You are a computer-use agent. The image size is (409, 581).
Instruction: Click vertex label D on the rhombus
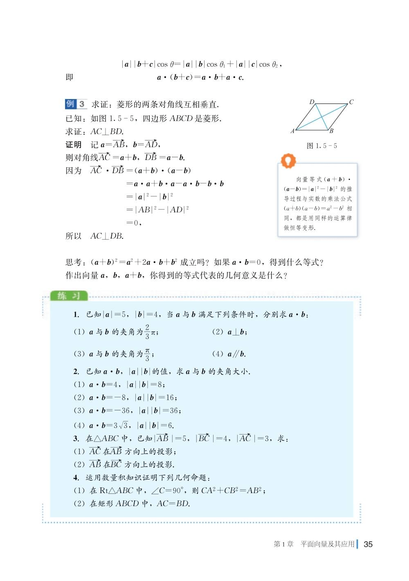click(312, 101)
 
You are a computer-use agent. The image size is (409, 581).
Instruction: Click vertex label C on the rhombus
click(351, 102)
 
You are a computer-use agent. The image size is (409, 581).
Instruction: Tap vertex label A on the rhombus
click(292, 131)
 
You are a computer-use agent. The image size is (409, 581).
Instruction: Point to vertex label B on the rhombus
click(331, 131)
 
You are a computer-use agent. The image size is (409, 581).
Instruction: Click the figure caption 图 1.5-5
click(322, 146)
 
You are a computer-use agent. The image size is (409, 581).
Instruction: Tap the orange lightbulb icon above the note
click(289, 160)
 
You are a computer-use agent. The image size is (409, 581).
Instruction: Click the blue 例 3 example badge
click(76, 104)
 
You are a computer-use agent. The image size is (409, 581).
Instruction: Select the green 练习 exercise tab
click(68, 296)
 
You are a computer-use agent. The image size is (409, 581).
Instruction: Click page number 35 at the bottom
click(368, 544)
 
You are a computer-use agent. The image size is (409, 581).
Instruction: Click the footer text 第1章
click(283, 544)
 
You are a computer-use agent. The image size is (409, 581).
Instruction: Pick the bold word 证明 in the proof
click(74, 144)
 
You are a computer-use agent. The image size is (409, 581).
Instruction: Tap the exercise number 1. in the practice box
click(76, 315)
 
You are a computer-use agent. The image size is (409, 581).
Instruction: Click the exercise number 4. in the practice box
click(76, 477)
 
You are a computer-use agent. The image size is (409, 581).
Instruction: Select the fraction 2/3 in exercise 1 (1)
click(147, 332)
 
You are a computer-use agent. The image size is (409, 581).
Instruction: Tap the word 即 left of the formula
click(70, 77)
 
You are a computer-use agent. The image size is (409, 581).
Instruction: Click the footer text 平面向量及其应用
click(327, 544)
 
